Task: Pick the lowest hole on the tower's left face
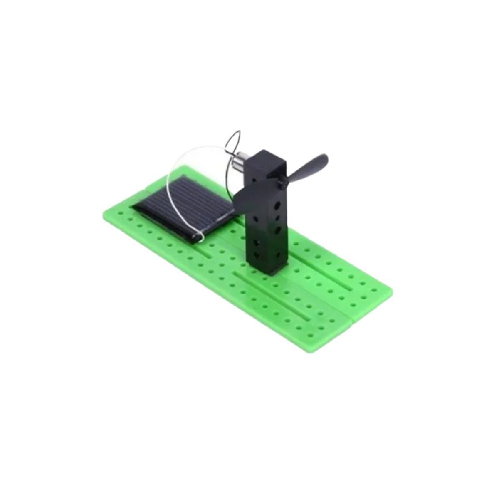tap(258, 253)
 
